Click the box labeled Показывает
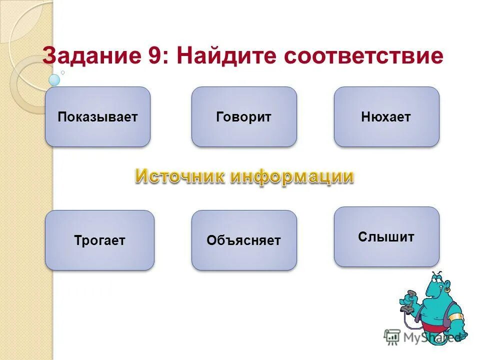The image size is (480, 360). pyautogui.click(x=97, y=117)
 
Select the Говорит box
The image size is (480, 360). pyautogui.click(x=244, y=117)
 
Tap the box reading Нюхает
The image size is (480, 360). pyautogui.click(x=386, y=117)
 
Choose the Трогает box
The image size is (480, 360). pyautogui.click(x=99, y=240)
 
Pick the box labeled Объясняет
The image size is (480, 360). pyautogui.click(x=244, y=240)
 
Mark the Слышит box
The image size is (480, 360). pyautogui.click(x=386, y=237)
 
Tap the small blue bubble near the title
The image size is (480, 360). pyautogui.click(x=54, y=79)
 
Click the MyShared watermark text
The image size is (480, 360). pyautogui.click(x=430, y=337)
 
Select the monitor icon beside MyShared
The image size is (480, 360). pyautogui.click(x=392, y=337)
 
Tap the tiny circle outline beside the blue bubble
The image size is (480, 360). pyautogui.click(x=62, y=72)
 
